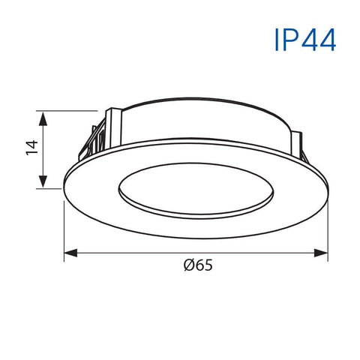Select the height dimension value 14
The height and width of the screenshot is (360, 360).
31,148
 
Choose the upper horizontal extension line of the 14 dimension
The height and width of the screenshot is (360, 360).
71,109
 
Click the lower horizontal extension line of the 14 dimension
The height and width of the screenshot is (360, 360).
51,187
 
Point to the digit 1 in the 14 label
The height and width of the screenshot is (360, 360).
31,153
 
